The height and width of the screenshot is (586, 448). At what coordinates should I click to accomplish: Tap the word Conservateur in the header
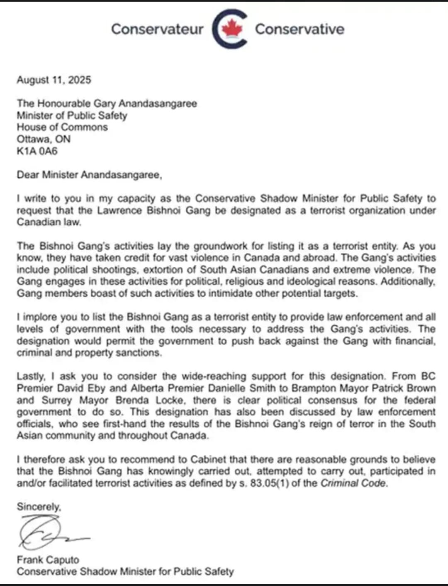point(157,29)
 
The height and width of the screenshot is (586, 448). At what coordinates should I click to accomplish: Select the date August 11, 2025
point(54,80)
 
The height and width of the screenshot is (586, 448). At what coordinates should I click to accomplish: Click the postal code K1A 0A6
point(37,151)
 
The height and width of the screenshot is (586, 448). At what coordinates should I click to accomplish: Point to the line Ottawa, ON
point(44,139)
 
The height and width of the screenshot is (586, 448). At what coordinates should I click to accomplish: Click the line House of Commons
point(62,127)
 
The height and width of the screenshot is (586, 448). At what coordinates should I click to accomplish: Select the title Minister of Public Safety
point(72,115)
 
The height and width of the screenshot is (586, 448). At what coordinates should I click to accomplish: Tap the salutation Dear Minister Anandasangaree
point(89,175)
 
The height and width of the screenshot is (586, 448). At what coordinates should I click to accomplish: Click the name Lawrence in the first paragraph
point(120,210)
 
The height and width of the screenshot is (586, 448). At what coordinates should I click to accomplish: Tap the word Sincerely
point(39,507)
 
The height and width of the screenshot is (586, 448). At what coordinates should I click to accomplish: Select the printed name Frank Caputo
point(48,560)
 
